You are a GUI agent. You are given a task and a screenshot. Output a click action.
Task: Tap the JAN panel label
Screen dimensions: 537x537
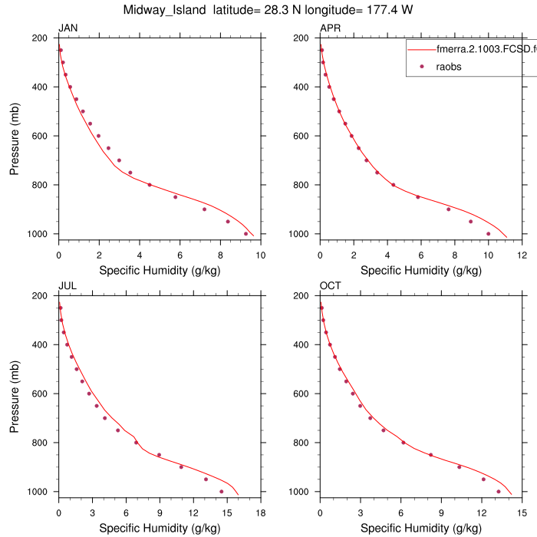click(x=68, y=28)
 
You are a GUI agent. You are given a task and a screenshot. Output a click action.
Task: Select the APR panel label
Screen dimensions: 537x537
click(x=331, y=28)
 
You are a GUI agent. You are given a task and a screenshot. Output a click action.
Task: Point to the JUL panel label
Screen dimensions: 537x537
click(x=68, y=286)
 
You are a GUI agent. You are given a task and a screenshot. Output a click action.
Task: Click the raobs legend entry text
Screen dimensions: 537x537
click(x=449, y=67)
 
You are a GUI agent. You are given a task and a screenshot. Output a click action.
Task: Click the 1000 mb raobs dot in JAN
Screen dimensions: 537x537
click(x=245, y=233)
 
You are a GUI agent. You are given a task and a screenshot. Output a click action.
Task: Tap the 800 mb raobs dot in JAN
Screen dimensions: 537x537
click(x=150, y=185)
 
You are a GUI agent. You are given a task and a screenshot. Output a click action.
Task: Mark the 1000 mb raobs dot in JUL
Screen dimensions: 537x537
click(x=222, y=491)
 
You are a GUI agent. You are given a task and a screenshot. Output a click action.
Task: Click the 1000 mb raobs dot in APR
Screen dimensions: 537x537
click(x=488, y=233)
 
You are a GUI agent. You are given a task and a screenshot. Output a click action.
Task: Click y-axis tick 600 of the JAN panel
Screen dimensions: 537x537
click(x=44, y=136)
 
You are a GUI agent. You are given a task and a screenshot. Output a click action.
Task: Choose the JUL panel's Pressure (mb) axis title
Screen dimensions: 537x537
click(x=15, y=394)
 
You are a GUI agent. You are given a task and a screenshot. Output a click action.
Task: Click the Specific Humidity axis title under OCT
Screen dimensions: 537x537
click(x=420, y=528)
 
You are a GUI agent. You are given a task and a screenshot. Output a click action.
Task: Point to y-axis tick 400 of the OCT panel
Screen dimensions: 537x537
click(x=305, y=344)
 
